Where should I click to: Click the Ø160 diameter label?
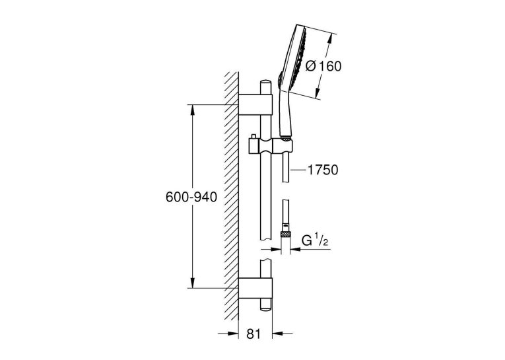(x=323, y=66)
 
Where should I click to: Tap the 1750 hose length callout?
(x=323, y=170)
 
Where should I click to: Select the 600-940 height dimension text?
(x=191, y=197)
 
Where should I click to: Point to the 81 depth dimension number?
(x=253, y=334)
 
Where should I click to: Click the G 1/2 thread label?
(x=315, y=240)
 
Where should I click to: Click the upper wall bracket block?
(x=255, y=104)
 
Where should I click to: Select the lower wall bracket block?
(x=255, y=288)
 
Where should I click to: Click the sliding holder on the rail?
(x=271, y=147)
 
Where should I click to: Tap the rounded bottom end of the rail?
(x=265, y=308)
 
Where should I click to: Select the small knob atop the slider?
(x=253, y=136)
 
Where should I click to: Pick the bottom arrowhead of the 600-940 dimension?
(x=193, y=283)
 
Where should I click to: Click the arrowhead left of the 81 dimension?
(x=233, y=334)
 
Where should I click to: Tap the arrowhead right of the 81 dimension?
(x=278, y=334)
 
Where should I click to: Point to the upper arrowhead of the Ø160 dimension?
(x=329, y=40)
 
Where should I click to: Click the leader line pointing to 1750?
(x=298, y=170)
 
